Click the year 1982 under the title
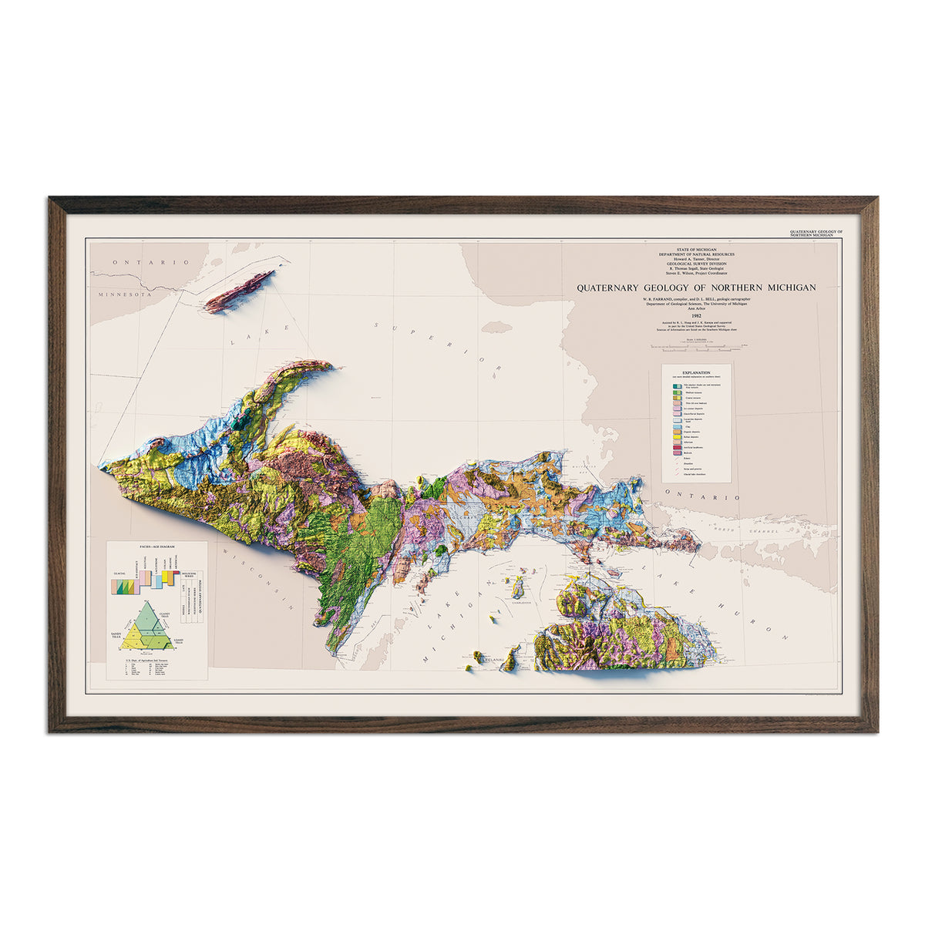point(696,314)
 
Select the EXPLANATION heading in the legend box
point(696,372)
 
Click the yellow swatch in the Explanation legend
point(675,436)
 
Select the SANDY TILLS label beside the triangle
point(116,634)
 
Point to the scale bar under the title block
point(696,340)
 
